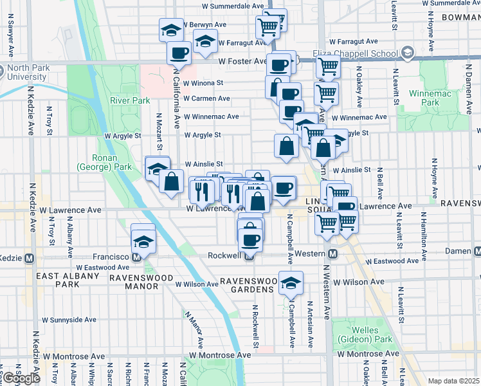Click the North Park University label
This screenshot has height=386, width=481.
click(x=27, y=73)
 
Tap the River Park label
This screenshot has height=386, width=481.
click(x=129, y=100)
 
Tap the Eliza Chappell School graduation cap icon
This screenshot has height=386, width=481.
click(x=406, y=52)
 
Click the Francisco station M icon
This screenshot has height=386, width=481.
click(x=136, y=256)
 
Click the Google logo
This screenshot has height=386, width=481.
click(x=21, y=378)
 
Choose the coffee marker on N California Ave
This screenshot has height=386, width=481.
click(x=179, y=53)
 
